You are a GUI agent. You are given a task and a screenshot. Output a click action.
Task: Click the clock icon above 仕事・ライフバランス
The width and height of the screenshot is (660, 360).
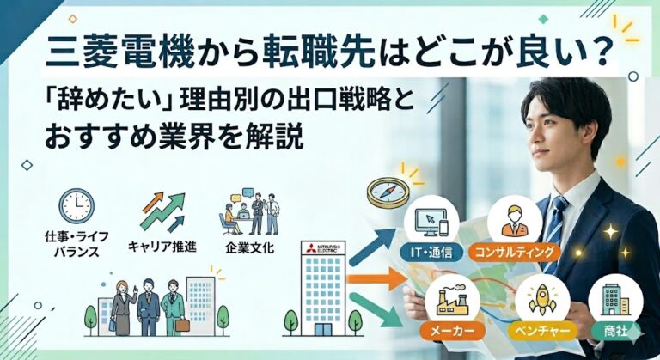click(x=76, y=206)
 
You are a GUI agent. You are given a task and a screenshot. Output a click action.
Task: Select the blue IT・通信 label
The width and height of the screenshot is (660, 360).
click(x=431, y=253)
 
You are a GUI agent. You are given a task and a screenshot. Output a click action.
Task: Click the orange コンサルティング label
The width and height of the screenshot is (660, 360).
click(x=514, y=253)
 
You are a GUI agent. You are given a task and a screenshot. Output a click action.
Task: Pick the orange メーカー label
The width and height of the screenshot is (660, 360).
click(x=452, y=331)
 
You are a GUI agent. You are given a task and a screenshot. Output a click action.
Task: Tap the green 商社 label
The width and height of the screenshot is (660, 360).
click(x=616, y=331)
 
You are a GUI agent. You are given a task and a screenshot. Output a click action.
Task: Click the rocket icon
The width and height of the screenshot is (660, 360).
click(x=542, y=299)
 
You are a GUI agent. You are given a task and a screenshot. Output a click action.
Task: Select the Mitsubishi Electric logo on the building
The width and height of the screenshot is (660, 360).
click(x=324, y=248)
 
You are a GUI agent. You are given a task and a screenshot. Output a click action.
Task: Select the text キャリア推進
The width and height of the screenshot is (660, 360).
click(x=162, y=247)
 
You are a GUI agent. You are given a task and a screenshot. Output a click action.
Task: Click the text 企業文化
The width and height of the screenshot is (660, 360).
click(x=249, y=247)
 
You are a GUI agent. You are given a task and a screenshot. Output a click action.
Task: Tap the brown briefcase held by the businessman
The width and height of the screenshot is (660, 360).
click(x=183, y=325)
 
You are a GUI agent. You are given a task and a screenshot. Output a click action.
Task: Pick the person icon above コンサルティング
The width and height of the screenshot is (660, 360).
click(x=514, y=221)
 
